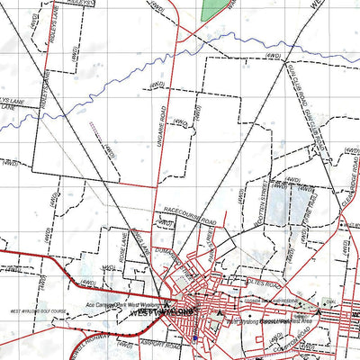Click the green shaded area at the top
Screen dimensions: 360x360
pyautogui.click(x=214, y=9)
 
